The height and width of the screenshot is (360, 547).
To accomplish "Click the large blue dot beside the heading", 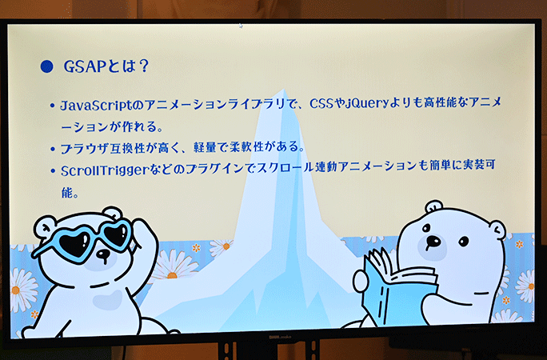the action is click(x=46, y=66).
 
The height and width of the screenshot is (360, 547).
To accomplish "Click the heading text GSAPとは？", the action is click(x=106, y=66).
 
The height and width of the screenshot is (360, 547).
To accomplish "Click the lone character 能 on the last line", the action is click(x=67, y=192).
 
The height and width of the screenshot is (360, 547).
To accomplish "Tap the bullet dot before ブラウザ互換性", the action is click(x=53, y=150).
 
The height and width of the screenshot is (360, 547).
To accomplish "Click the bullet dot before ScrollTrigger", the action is click(x=53, y=171).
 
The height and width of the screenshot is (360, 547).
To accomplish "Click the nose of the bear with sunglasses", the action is click(x=102, y=254).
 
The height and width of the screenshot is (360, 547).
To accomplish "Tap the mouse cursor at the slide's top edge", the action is click(x=241, y=26).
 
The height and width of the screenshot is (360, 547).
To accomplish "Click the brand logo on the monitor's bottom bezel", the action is click(x=279, y=337).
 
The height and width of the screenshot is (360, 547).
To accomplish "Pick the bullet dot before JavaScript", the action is click(x=53, y=106).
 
